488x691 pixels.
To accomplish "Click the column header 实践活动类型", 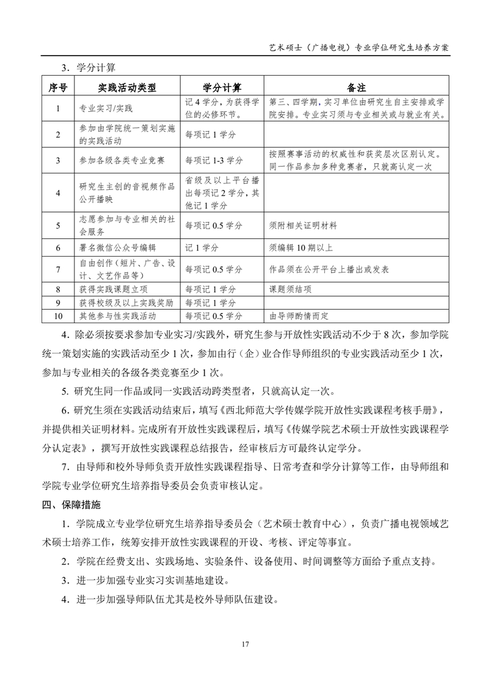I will [x=127, y=88].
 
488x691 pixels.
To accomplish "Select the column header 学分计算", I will [x=222, y=88].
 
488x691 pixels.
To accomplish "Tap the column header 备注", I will [x=357, y=88].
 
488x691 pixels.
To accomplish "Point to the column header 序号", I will [x=57, y=88].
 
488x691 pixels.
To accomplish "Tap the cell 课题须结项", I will [x=291, y=289].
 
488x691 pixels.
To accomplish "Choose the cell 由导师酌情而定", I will [x=299, y=316].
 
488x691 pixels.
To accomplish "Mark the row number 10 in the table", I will [x=57, y=316].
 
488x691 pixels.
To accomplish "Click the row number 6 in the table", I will [x=57, y=248].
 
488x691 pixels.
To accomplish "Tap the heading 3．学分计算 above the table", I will [x=92, y=66].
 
